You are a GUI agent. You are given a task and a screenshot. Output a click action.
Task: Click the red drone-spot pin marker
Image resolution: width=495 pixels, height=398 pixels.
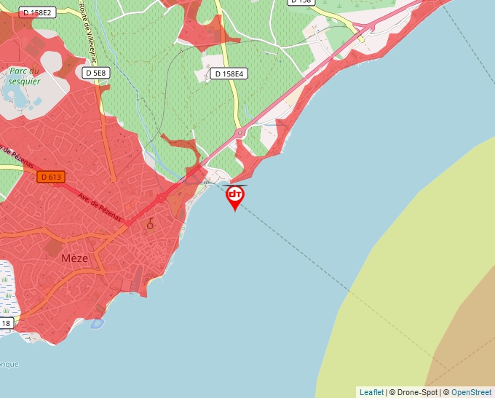point(235,196)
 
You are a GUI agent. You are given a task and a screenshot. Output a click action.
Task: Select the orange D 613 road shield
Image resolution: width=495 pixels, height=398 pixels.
point(52,177)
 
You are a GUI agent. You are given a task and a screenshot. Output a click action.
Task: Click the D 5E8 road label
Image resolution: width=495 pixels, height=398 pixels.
point(95,73)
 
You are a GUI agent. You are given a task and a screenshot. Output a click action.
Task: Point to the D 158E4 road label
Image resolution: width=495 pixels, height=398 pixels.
point(230,73)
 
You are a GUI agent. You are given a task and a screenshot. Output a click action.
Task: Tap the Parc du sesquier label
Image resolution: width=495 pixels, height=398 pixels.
point(23,76)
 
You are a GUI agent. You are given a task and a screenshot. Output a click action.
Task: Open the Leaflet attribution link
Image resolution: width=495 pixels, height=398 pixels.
point(371,392)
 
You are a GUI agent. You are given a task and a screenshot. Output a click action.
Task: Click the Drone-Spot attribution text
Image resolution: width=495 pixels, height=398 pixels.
point(414,392)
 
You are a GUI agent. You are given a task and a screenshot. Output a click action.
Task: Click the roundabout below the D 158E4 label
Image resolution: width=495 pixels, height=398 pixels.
point(239,132)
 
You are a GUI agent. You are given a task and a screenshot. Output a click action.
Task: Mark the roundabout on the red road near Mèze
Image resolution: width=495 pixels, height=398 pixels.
point(160,199)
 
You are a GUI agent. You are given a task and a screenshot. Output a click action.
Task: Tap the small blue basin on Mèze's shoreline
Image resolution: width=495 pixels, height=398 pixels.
point(98,323)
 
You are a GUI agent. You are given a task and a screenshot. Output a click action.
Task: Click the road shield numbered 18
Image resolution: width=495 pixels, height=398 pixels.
point(6,323)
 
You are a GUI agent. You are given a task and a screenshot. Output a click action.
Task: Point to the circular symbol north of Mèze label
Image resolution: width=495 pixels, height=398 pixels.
point(151,225)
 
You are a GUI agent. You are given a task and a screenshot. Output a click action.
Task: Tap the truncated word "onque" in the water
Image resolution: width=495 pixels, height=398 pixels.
point(9,364)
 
